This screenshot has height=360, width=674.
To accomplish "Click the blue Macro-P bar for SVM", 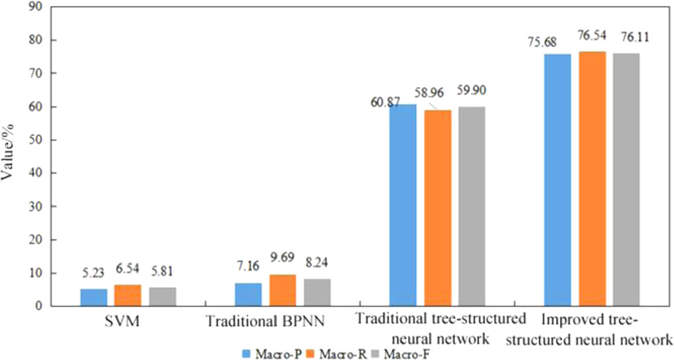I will click(94, 297).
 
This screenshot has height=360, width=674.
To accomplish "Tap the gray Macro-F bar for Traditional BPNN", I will click(316, 292).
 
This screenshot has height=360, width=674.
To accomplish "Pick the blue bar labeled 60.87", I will click(403, 206).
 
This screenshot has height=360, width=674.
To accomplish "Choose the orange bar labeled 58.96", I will click(438, 208).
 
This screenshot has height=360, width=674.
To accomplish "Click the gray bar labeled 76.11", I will click(626, 180).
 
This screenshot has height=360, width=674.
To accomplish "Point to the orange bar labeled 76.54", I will click(592, 179).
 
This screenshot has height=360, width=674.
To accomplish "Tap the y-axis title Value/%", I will click(10, 157).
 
